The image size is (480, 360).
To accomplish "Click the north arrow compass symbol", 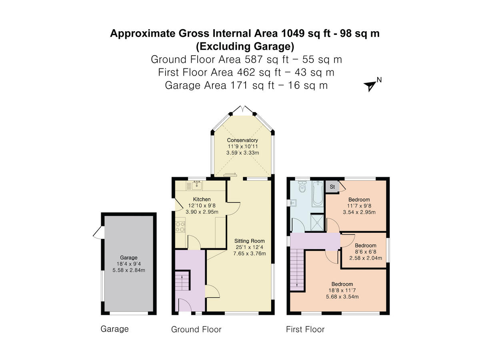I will [370, 85].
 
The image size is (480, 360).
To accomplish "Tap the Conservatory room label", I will [242, 140].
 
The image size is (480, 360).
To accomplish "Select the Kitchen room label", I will [202, 199].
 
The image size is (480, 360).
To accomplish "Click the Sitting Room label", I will [250, 241].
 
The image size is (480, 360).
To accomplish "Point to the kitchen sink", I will [196, 185].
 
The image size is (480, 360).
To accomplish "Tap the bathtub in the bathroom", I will [318, 194].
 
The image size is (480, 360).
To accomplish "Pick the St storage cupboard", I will [332, 187].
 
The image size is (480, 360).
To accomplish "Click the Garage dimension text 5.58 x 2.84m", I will [128, 270].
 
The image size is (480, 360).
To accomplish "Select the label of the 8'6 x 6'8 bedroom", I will [365, 246].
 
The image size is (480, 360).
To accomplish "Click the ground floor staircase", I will [182, 281].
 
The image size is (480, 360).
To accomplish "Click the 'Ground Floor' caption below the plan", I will [196, 330].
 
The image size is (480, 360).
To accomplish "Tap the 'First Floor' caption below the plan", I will [305, 330].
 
